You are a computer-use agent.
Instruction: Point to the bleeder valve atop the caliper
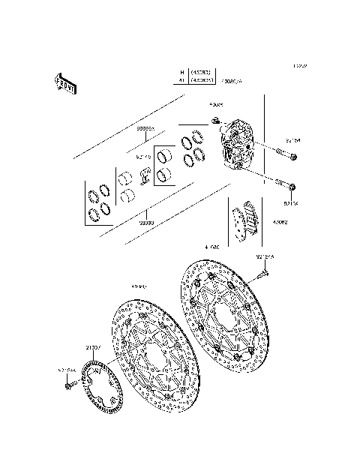tap(216, 121)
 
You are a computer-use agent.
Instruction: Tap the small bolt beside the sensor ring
tap(69, 385)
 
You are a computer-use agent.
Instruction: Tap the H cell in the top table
tap(181, 72)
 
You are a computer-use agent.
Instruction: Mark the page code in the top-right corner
tap(301, 66)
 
